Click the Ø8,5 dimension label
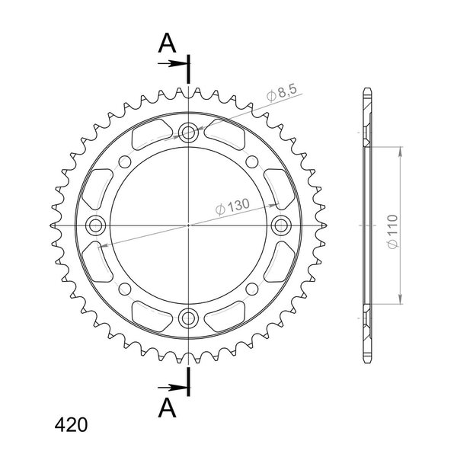(x=282, y=93)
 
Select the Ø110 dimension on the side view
(x=393, y=232)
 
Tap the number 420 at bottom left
(x=71, y=425)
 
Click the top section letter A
(x=167, y=43)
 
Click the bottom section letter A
(x=167, y=408)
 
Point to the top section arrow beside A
(x=172, y=63)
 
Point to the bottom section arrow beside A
(x=172, y=388)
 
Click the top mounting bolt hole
(x=188, y=133)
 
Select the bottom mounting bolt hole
(x=188, y=318)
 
